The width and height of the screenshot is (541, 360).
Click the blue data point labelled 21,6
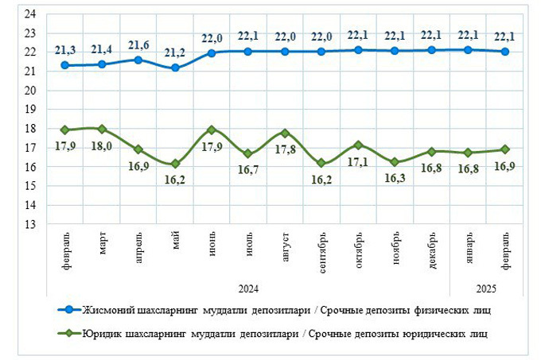138,60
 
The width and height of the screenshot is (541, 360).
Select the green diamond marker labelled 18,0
102,129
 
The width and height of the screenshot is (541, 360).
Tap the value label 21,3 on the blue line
65,50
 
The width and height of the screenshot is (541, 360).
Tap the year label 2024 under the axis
248,287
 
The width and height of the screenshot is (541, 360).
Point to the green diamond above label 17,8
285,133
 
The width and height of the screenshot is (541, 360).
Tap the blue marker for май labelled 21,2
175,68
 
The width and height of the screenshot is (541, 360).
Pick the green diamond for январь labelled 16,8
468,153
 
